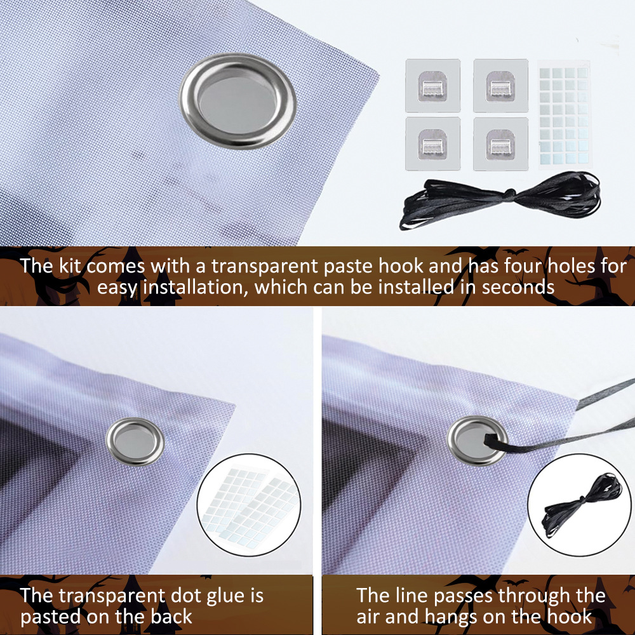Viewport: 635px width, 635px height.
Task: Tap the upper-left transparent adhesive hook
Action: [432, 86]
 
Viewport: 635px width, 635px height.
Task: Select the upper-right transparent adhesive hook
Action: [500, 86]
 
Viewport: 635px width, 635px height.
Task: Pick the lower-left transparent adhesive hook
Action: [432, 144]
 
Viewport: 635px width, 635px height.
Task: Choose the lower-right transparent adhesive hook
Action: [500, 144]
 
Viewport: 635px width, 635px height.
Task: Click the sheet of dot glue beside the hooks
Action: [564, 114]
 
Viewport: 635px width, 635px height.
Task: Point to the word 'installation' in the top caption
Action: [196, 288]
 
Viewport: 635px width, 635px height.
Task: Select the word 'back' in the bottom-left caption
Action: [171, 617]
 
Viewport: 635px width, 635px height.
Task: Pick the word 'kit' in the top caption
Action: [70, 267]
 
